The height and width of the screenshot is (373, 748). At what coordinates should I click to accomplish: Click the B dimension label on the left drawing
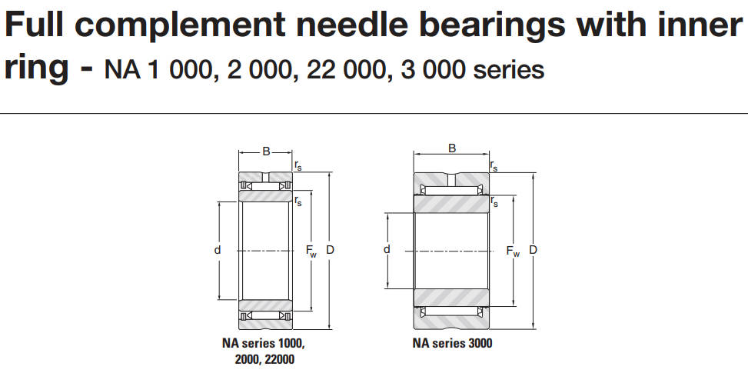pyautogui.click(x=266, y=152)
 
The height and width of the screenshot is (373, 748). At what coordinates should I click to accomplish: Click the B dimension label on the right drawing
pyautogui.click(x=452, y=148)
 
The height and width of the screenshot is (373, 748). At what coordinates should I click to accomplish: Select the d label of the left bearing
pyautogui.click(x=218, y=250)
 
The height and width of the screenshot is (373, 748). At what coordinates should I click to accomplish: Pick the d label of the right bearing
pyautogui.click(x=387, y=249)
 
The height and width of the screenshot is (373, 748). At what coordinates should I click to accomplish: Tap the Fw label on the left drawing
pyautogui.click(x=311, y=251)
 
